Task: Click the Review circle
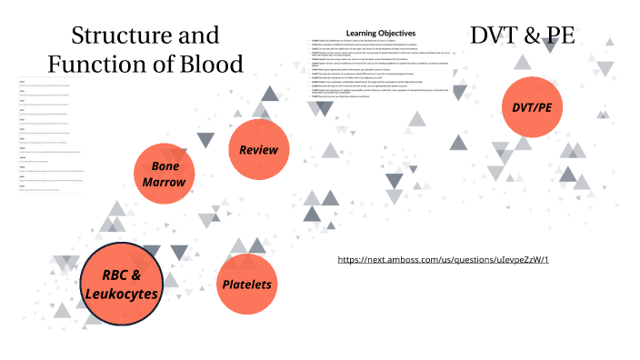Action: click(x=258, y=148)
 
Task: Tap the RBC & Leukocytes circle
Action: click(x=122, y=285)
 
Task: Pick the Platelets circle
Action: click(x=247, y=285)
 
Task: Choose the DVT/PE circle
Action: click(x=532, y=109)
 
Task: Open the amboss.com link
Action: click(x=444, y=259)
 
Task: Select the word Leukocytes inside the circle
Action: click(x=122, y=295)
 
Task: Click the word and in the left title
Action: click(x=197, y=35)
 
